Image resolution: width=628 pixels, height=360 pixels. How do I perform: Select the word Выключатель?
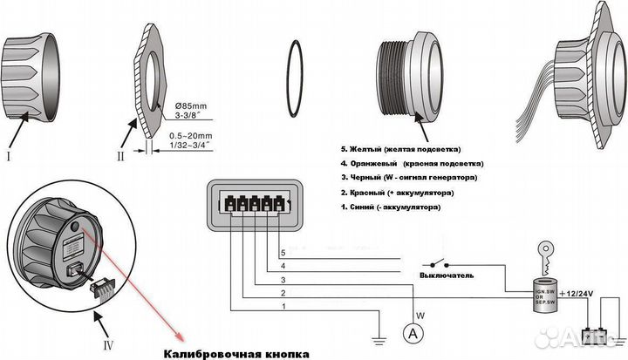click(x=447, y=275)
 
